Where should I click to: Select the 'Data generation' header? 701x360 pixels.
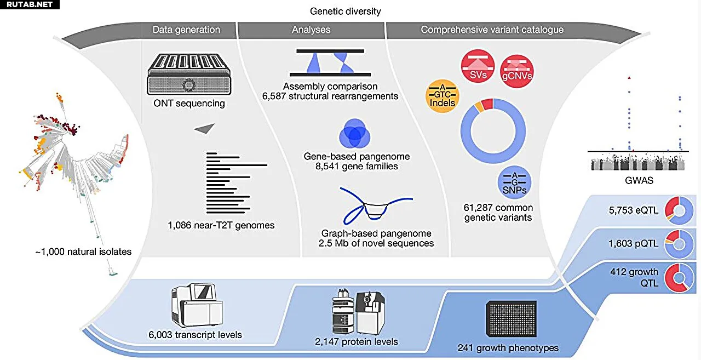tap(186, 30)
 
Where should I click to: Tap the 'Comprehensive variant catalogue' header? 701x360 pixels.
tap(492, 30)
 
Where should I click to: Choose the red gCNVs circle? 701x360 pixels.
tap(517, 70)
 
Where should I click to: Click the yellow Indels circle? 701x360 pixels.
tap(441, 98)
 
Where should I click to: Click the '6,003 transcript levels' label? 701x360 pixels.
tap(195, 334)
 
